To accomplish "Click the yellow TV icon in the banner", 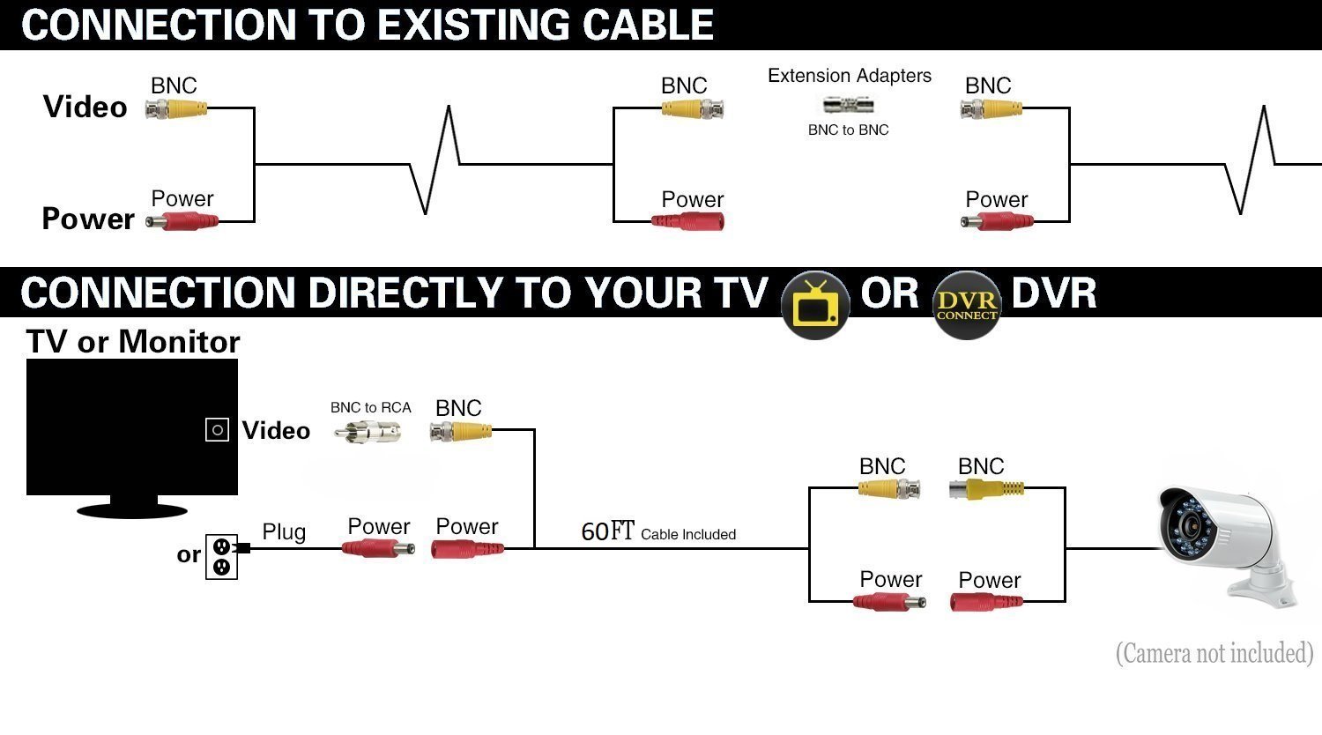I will (x=815, y=304).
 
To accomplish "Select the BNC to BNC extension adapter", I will (x=850, y=106).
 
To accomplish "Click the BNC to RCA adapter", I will (x=368, y=432).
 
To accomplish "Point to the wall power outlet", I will (x=221, y=557).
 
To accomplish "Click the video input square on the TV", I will (x=217, y=429).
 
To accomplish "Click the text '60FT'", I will (x=607, y=531).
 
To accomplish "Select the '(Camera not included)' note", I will (x=1214, y=653).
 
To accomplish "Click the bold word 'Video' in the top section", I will (x=85, y=108).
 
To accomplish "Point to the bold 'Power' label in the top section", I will (x=88, y=219).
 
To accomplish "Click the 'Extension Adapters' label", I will (x=849, y=76).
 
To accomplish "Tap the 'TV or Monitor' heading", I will (x=133, y=342).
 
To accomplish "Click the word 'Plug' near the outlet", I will (x=284, y=532).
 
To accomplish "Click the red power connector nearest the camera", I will (x=986, y=603).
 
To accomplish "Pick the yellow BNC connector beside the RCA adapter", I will (x=460, y=431).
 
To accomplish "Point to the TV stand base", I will (x=131, y=509).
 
